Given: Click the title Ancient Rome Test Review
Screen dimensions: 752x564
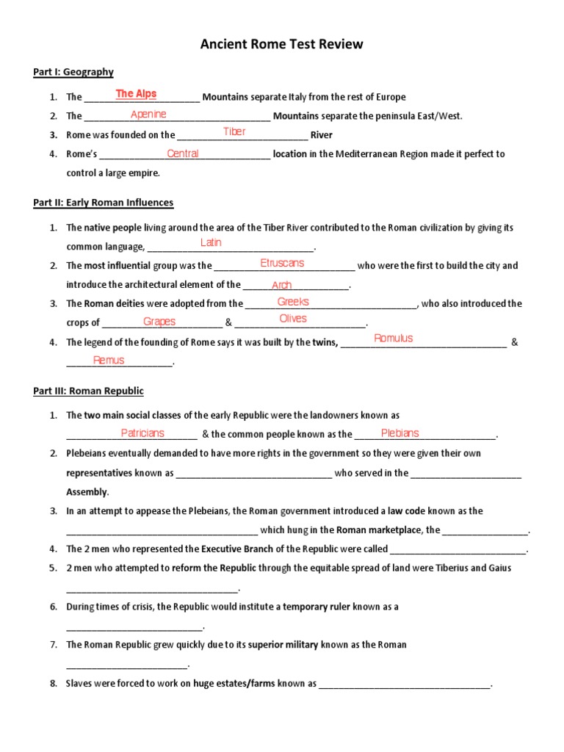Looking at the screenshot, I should pos(282,45).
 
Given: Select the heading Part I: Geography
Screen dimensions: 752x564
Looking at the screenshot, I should pos(73,72).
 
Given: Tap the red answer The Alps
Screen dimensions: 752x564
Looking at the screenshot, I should pos(136,94).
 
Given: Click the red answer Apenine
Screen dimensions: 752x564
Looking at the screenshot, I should pos(148,114).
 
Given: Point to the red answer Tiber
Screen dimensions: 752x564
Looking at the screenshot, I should pos(234,132).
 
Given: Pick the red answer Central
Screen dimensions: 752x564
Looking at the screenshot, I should pos(183,153).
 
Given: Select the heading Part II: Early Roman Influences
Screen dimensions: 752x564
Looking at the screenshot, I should pos(104,203).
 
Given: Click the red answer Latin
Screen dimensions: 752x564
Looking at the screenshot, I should pos(211,243).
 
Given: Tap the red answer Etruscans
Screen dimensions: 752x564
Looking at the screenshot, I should pos(282,263).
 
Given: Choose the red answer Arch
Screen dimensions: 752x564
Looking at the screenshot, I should pos(281,285).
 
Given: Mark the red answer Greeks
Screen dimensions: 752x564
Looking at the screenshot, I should pos(293,302).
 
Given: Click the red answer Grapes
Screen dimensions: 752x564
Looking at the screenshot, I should pos(159,322).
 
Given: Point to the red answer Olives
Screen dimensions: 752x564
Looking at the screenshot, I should pos(293,319).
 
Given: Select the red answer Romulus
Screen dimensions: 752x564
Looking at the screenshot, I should pos(394,339).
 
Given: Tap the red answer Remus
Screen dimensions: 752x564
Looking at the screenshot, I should pos(109,361).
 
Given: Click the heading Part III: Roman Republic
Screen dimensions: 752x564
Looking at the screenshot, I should pos(88,391).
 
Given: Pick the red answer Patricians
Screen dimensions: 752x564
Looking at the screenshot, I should pos(142,433).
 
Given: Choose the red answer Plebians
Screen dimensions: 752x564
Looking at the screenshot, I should pos(399,433).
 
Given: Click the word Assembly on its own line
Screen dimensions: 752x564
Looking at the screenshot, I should pos(87,492).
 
